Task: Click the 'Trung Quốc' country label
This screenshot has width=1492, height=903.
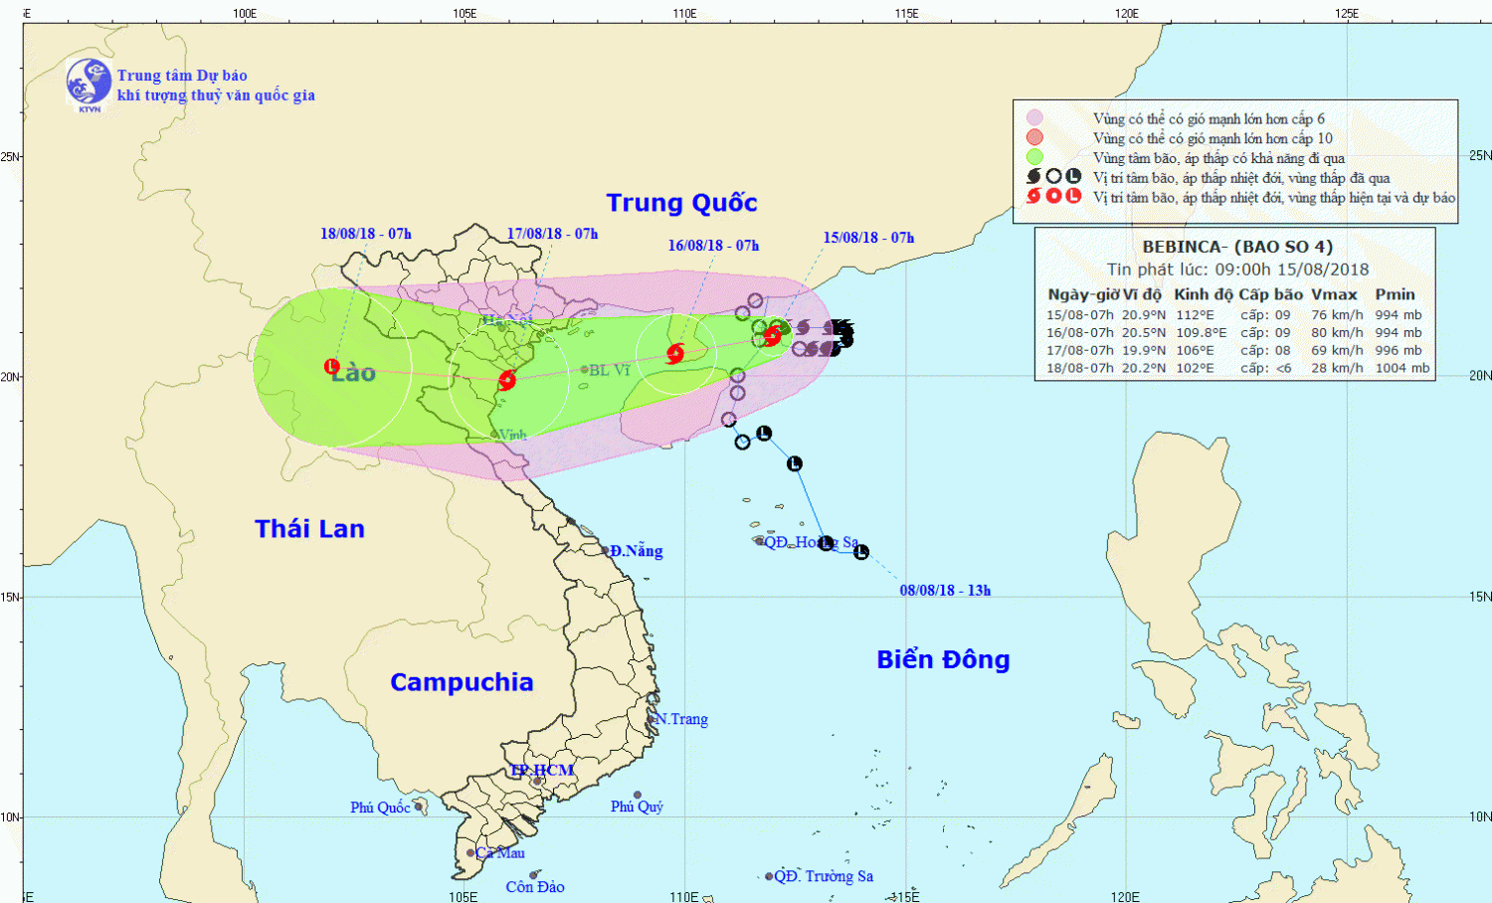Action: click(x=681, y=203)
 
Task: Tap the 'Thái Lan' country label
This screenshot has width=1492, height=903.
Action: click(x=309, y=529)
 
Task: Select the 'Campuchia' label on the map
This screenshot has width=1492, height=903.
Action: click(x=462, y=682)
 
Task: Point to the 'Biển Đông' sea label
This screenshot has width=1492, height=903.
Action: click(x=943, y=660)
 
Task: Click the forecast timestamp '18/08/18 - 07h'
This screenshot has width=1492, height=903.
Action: click(x=365, y=234)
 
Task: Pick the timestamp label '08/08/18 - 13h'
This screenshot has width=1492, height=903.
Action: click(x=945, y=591)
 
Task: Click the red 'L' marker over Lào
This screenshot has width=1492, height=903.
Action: click(x=332, y=367)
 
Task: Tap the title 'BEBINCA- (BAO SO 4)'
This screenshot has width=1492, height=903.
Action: click(x=1236, y=247)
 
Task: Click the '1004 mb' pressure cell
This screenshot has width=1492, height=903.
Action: click(x=1401, y=368)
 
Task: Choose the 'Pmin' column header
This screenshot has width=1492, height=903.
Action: click(x=1395, y=294)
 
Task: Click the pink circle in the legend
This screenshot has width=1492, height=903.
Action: click(x=1034, y=118)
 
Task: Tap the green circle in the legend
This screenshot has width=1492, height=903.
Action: click(x=1034, y=157)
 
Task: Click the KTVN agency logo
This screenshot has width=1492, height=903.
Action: click(x=89, y=83)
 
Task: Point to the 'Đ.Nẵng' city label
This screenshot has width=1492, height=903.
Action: click(x=636, y=551)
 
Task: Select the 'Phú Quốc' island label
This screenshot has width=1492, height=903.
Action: click(x=380, y=808)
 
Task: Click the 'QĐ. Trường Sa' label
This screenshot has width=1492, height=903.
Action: click(x=824, y=876)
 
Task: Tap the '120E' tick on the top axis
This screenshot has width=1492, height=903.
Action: click(x=1126, y=13)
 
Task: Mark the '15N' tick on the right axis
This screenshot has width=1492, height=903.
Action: click(x=1480, y=597)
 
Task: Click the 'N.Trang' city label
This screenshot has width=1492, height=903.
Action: click(x=681, y=719)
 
